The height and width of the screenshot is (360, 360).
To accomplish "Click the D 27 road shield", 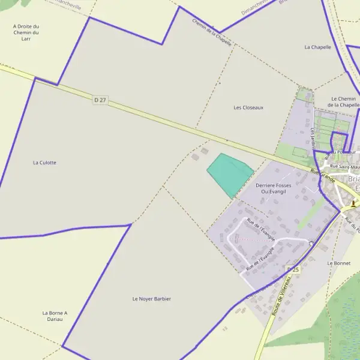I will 100,100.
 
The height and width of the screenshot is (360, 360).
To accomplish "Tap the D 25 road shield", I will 293,269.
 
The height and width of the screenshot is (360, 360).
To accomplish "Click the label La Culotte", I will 44,163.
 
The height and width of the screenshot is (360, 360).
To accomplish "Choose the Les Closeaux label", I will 248,107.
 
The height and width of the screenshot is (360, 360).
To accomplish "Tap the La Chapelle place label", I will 317,47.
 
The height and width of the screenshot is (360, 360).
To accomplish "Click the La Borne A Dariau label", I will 55,316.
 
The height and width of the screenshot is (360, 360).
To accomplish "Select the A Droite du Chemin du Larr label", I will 26,32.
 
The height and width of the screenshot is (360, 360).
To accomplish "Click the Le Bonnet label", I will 338,263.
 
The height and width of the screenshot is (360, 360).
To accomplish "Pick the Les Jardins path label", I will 313,138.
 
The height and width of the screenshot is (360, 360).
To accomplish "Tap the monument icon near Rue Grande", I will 355,203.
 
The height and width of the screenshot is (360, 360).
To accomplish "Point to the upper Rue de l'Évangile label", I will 260,230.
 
